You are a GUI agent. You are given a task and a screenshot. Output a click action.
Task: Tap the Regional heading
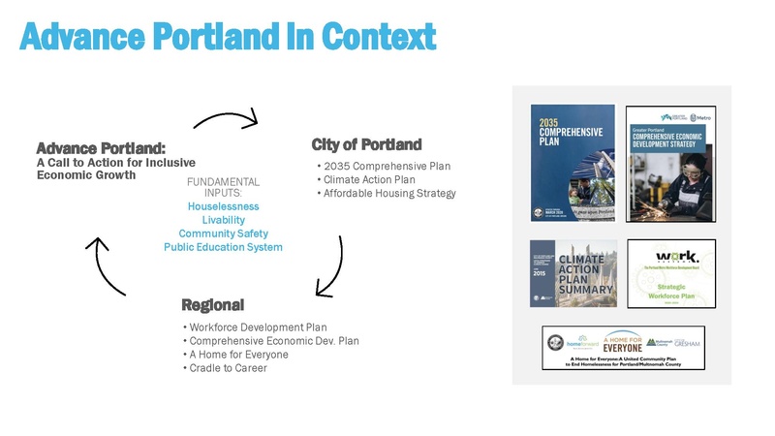(212, 305)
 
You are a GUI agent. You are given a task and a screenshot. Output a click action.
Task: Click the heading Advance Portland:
(101, 149)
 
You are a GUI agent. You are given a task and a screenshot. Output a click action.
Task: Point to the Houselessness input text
(223, 206)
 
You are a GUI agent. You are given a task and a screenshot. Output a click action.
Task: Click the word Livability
(223, 220)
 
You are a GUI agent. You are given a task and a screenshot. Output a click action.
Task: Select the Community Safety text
(223, 234)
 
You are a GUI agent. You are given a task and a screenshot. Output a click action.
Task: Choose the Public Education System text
(223, 247)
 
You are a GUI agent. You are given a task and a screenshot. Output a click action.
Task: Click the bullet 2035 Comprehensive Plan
(387, 167)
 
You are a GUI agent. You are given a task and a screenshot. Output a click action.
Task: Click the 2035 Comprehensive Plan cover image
(572, 160)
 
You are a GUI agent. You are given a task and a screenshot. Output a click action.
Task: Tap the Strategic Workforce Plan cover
(671, 272)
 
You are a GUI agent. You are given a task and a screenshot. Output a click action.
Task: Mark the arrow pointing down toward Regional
(332, 266)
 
